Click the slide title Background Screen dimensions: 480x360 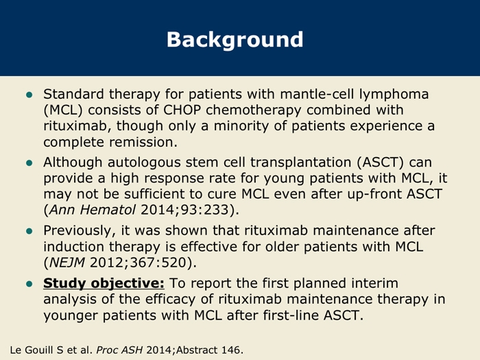click(235, 40)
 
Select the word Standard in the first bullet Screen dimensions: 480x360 click(73, 94)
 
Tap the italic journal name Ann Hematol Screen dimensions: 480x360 click(92, 210)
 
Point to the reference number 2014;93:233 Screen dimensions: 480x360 click(185, 210)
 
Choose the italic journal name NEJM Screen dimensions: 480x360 click(67, 263)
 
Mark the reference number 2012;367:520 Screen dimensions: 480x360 click(138, 263)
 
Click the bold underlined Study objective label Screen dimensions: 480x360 click(104, 284)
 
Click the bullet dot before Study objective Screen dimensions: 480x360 click(29, 284)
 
